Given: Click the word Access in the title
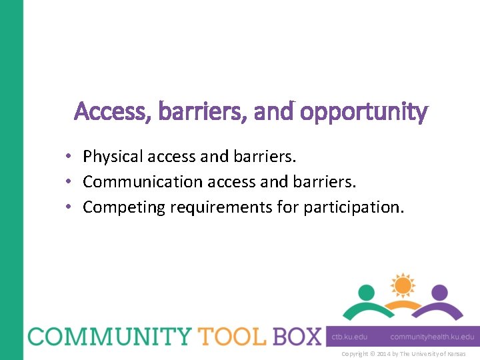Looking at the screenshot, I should (x=100, y=111).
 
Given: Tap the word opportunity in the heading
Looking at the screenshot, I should (x=363, y=113).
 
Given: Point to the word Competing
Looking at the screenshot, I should (x=124, y=207).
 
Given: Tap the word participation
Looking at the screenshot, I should (x=353, y=207).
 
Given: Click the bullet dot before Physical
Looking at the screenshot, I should (x=69, y=157).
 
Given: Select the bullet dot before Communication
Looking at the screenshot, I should (x=69, y=182).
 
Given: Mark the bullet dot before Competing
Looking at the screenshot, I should (x=69, y=207).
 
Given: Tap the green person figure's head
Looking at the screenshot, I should (x=366, y=292).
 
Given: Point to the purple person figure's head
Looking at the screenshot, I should (x=439, y=292).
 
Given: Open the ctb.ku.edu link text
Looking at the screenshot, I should (x=349, y=337).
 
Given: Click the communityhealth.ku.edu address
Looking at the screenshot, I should (x=432, y=337).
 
